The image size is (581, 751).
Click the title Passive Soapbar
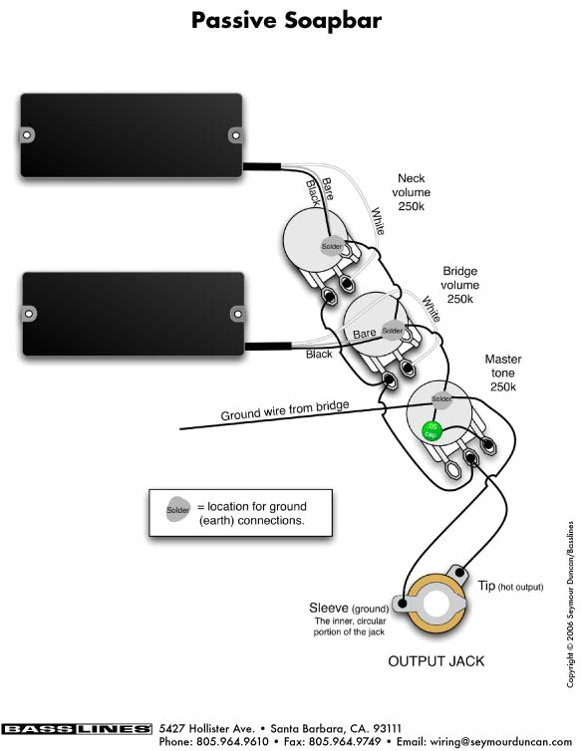coord(290,19)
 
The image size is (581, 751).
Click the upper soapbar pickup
coord(132,134)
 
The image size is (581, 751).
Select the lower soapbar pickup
coord(132,313)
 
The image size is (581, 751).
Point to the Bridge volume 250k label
coord(460,285)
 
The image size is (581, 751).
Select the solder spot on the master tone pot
coord(441,398)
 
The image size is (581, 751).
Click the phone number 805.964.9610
coord(231,742)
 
